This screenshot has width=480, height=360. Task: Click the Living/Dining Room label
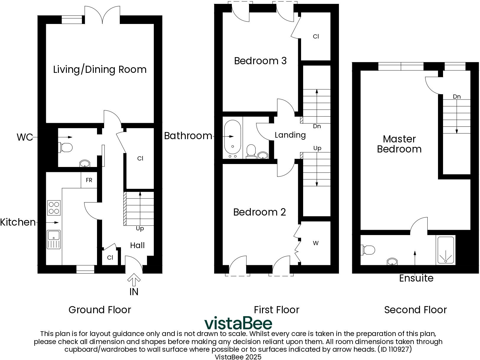pos(100,69)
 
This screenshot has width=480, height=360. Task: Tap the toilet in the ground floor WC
pos(66,147)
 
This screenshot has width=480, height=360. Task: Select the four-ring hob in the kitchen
pos(54,208)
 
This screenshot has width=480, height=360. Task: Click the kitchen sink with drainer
pos(54,239)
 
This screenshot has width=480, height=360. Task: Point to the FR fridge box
pos(89,180)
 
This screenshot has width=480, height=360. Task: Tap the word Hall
pos(137,245)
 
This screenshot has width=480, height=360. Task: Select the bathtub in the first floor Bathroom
pos(232,139)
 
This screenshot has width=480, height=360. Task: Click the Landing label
pos(290,135)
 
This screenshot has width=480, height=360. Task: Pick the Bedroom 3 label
pos(260,61)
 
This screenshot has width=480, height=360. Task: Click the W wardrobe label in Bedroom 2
pos(316,243)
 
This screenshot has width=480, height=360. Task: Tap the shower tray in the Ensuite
pos(445,250)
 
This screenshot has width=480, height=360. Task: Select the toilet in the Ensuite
pos(368,250)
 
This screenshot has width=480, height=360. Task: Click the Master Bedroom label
pos(399,144)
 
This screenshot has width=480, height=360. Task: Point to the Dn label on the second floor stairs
pos(457,97)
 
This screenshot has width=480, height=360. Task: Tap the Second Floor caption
pos(415,310)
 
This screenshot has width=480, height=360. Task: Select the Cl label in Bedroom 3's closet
pos(316,36)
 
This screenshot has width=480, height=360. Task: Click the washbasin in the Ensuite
pos(392,261)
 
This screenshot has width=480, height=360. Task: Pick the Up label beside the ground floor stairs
pos(140,229)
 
